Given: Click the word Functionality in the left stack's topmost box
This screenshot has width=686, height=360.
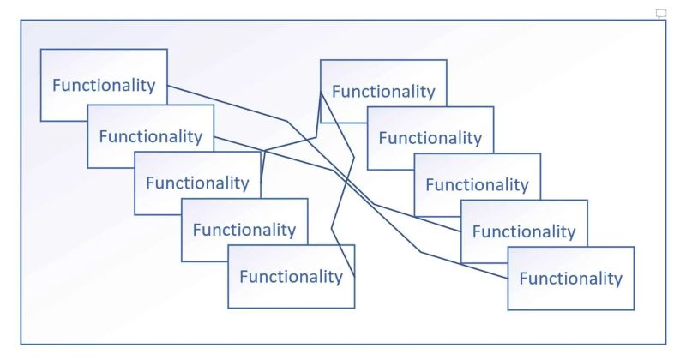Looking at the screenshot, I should [x=104, y=86].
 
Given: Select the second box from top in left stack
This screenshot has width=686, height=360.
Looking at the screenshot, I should [x=150, y=136].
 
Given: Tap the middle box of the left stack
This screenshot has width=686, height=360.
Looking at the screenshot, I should [x=196, y=183].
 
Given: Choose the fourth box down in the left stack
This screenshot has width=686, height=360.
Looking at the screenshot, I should [x=244, y=230].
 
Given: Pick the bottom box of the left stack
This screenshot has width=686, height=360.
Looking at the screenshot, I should [x=291, y=277].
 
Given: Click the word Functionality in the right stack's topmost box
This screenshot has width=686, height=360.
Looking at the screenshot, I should [x=383, y=92].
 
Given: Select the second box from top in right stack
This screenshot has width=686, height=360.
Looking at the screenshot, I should [x=430, y=138].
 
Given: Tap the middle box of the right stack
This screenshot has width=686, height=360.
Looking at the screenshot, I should [x=477, y=185].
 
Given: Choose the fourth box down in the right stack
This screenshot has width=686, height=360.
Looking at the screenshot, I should [x=524, y=231].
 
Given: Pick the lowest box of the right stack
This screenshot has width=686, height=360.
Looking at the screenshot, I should [x=570, y=279].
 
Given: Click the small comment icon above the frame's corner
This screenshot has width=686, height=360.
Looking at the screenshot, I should [x=661, y=14].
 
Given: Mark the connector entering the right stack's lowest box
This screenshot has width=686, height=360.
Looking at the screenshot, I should [x=463, y=265].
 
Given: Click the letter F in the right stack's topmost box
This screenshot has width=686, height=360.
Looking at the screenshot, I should [x=336, y=92].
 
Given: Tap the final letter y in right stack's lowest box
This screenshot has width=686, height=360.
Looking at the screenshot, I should [x=618, y=280].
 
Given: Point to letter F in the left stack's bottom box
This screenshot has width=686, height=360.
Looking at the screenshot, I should [x=244, y=277].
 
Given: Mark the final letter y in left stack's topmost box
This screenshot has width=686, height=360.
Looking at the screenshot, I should [x=152, y=87].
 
